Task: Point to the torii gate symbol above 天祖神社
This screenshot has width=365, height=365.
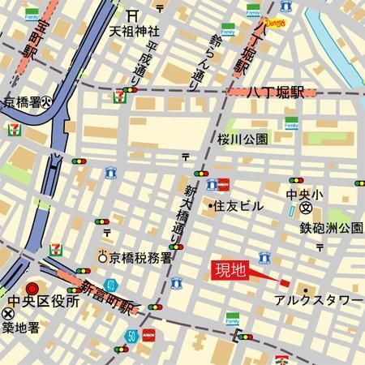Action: point(132,15)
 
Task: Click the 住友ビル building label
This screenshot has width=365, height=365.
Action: point(238,206)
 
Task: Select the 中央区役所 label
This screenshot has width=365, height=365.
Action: point(42,301)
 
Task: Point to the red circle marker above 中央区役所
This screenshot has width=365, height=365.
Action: point(32,287)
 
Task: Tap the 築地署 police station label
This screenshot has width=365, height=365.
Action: point(21,328)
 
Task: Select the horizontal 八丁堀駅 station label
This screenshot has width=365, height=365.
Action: point(277,92)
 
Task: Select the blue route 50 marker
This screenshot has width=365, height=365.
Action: point(131,334)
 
